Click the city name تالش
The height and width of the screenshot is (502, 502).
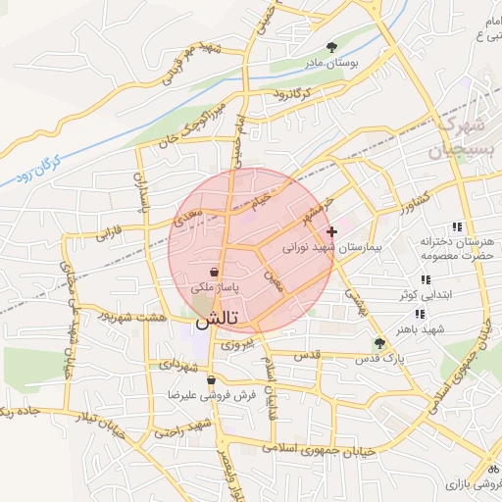215,320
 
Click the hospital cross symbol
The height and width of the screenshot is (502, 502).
332,232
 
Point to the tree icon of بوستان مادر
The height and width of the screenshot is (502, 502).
333,46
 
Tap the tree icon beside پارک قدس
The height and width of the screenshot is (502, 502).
379,343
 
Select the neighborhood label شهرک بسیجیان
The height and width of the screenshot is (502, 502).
457,138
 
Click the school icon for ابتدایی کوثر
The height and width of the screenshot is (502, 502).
425,280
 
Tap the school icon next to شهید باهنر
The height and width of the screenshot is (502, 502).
420,315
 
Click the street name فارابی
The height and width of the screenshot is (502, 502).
111,233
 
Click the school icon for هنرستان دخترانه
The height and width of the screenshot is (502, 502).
457,227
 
